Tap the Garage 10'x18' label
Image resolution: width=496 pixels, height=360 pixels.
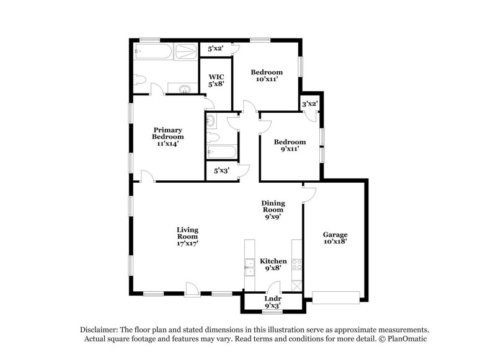pyautogui.click(x=335, y=238)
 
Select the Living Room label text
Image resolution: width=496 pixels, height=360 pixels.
pyautogui.click(x=187, y=237)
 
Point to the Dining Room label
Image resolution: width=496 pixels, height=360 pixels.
pyautogui.click(x=273, y=210)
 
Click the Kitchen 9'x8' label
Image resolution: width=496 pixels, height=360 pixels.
pyautogui.click(x=273, y=265)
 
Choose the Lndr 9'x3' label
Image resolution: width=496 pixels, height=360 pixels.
pyautogui.click(x=273, y=302)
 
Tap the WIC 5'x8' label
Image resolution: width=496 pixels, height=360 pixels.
pyautogui.click(x=215, y=81)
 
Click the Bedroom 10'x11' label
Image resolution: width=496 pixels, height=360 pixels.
pyautogui.click(x=267, y=76)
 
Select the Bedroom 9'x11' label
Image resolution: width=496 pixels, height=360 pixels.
pyautogui.click(x=291, y=145)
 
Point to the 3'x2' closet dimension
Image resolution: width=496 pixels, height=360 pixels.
pyautogui.click(x=309, y=103)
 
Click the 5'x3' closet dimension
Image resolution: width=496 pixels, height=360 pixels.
pyautogui.click(x=221, y=170)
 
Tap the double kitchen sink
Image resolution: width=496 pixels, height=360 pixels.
pyautogui.click(x=249, y=267)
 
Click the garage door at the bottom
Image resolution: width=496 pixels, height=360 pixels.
pyautogui.click(x=335, y=297)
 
